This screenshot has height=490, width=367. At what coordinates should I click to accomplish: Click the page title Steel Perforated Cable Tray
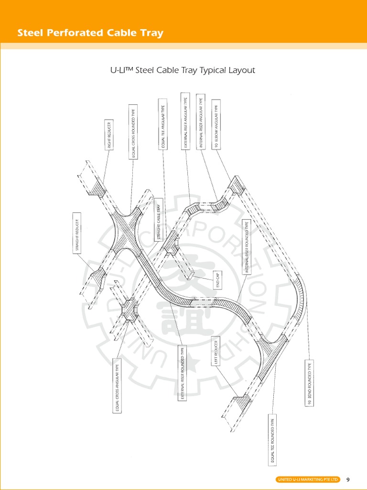click(90, 33)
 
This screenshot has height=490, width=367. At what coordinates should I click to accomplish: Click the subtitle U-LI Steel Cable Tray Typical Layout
click(183, 70)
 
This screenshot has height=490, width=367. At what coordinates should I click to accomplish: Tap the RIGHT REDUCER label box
click(109, 134)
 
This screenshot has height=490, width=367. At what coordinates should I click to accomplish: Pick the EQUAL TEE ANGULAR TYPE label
click(162, 125)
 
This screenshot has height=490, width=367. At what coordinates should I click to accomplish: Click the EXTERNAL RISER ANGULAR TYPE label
click(185, 122)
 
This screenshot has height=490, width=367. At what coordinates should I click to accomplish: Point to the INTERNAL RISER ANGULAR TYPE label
click(201, 122)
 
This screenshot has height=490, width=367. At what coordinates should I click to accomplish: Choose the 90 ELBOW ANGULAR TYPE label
click(216, 125)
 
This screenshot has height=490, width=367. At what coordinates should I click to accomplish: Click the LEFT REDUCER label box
click(216, 351)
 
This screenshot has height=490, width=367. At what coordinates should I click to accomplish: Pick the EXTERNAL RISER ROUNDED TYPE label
click(182, 373)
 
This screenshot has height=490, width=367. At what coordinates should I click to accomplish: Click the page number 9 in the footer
click(348, 479)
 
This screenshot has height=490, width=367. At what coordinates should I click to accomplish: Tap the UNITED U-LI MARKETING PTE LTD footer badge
click(308, 479)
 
